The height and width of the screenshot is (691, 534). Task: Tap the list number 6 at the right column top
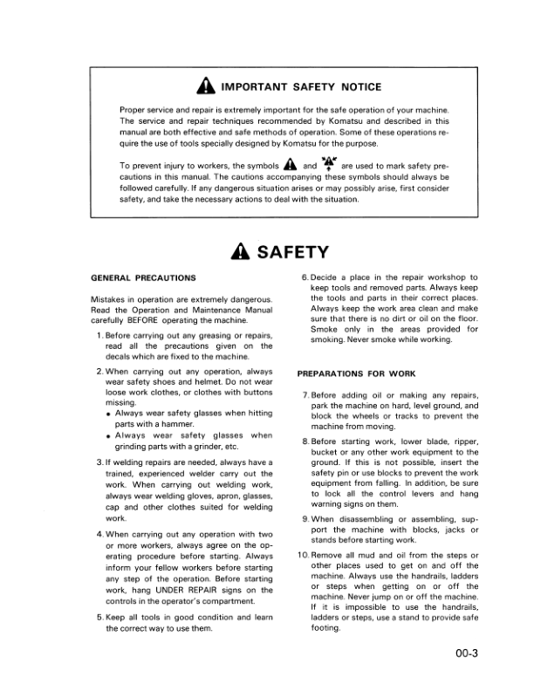303,277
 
